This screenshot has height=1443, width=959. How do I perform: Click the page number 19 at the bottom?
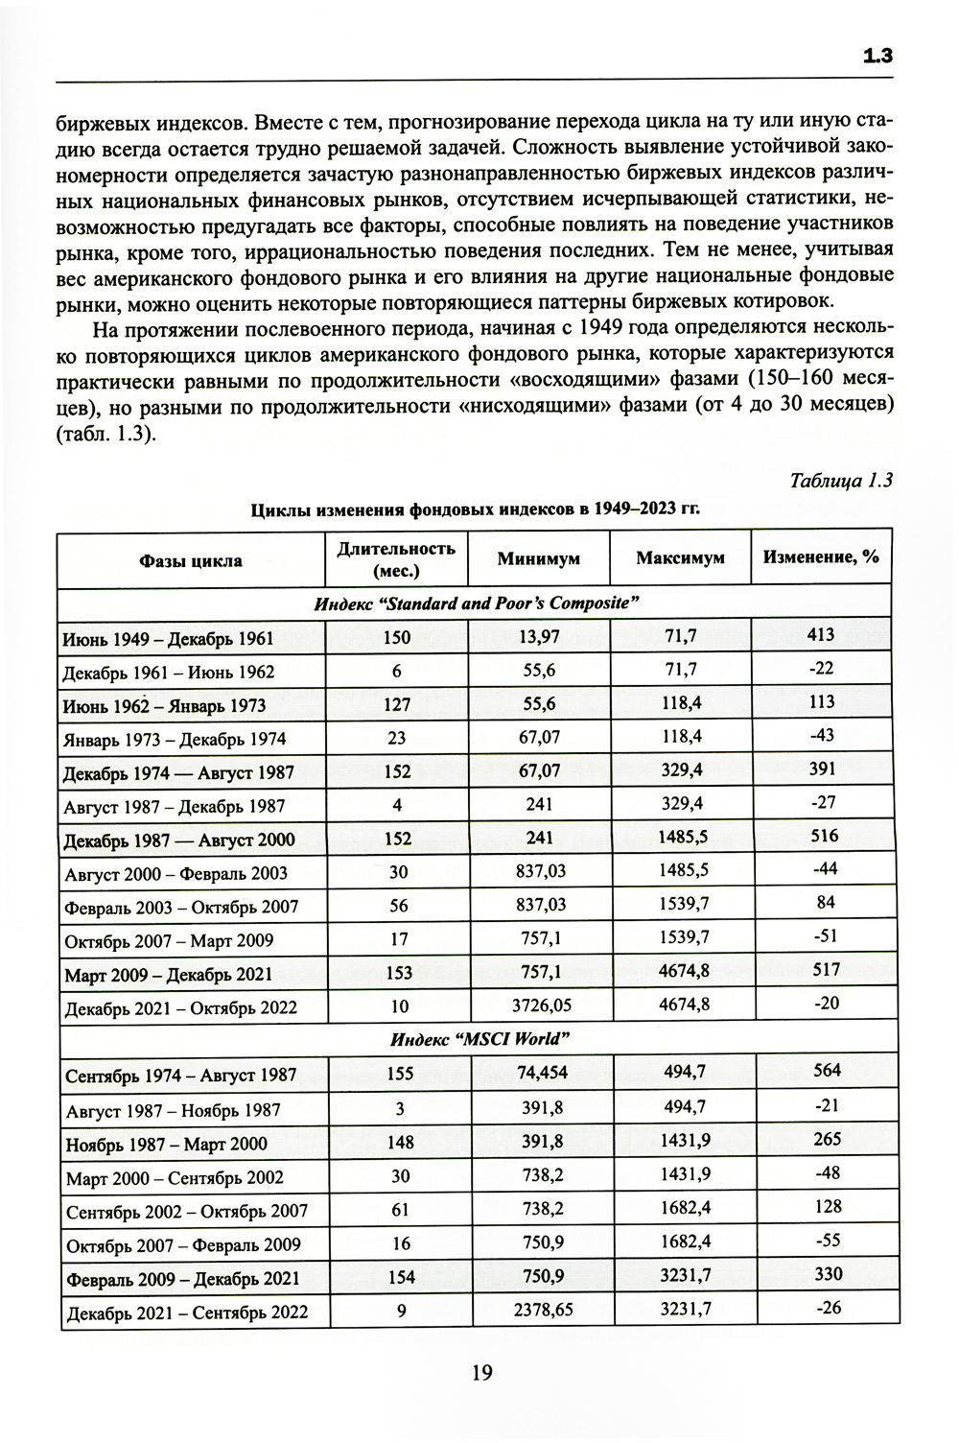(481, 1373)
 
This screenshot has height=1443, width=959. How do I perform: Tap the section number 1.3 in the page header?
(878, 56)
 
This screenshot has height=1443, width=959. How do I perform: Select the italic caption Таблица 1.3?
(841, 480)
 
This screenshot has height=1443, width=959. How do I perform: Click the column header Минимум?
(538, 558)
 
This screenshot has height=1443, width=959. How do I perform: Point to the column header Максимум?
(680, 557)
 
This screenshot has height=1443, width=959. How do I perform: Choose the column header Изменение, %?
(820, 556)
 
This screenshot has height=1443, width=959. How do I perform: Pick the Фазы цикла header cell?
(190, 560)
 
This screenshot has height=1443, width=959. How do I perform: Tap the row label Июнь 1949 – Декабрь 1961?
(168, 638)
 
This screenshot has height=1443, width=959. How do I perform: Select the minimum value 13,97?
(539, 637)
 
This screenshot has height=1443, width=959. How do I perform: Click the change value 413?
(821, 634)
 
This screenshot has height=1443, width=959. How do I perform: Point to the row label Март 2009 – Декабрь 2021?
(169, 974)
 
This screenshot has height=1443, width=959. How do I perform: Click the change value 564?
(826, 1071)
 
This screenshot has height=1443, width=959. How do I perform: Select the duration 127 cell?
(396, 705)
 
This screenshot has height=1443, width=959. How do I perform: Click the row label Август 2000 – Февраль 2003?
(175, 873)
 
